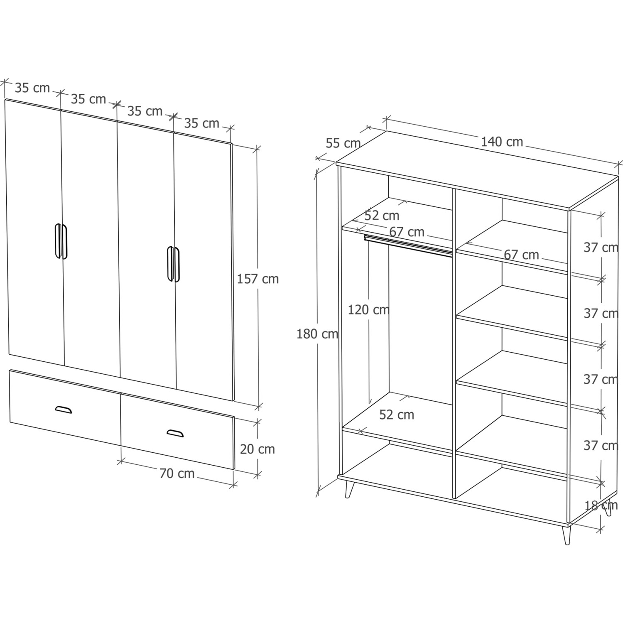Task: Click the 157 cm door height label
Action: pos(258,279)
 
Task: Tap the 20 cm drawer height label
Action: pos(258,449)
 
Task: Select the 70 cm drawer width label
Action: pos(177,473)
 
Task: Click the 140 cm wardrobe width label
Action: pos(502,142)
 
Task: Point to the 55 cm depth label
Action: pos(343,143)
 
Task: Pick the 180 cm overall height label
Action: pos(317,334)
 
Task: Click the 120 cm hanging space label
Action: pos(368,309)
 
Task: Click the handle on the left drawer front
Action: pos(64,410)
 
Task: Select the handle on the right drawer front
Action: pos(175,433)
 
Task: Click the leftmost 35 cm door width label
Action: pos(32,88)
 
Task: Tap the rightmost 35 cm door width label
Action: pos(201,123)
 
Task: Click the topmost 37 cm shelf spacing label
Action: pos(601,248)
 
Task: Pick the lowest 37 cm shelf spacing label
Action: pos(601,446)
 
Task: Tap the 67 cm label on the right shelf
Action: pos(521,255)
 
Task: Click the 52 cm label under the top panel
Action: pos(382,216)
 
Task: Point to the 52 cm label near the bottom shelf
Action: pos(397,415)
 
